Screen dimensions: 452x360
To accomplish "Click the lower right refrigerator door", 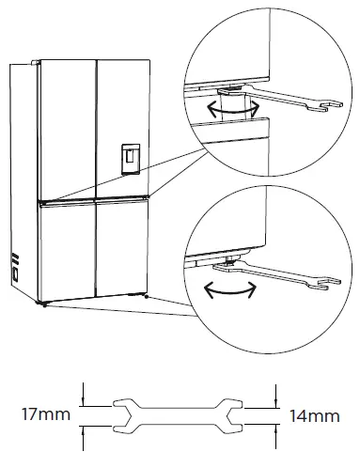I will pyautogui.click(x=121, y=246).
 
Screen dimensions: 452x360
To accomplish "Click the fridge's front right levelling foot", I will pyautogui.click(x=147, y=296).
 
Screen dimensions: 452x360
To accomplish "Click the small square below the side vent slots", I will pyautogui.click(x=16, y=274).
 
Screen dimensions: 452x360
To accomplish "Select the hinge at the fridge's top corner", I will pyautogui.click(x=36, y=63).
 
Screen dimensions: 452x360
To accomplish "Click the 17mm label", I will pyautogui.click(x=39, y=412).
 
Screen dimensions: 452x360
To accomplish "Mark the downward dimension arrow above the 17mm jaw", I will pyautogui.click(x=83, y=393).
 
